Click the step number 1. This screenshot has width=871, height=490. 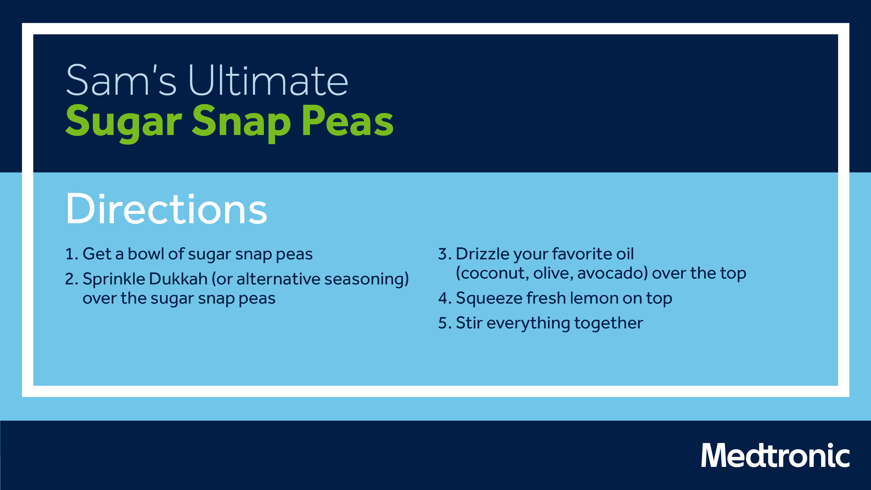pos(71,254)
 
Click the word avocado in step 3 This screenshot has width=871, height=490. pos(612,274)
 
